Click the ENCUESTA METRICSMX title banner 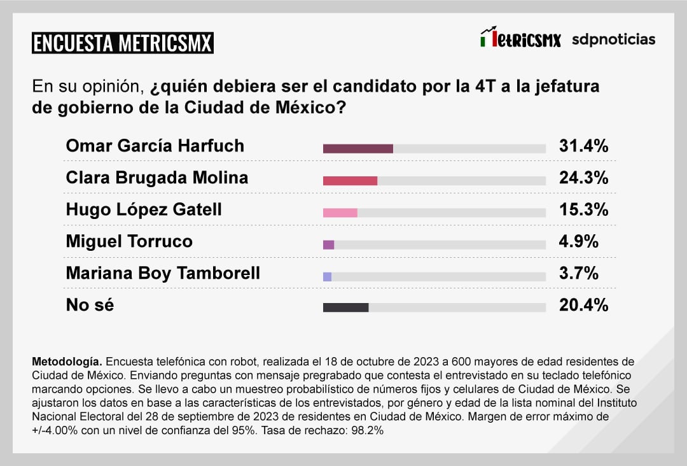(x=123, y=43)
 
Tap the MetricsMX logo (x=520, y=39)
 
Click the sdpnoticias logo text (x=613, y=39)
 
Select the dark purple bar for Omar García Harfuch (x=357, y=149)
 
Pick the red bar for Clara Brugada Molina (x=350, y=181)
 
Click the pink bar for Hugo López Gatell (x=340, y=213)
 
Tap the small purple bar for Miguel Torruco (x=328, y=244)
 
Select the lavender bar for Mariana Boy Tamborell (x=327, y=276)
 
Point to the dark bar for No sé (x=345, y=307)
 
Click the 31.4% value (x=583, y=146)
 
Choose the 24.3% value (x=583, y=178)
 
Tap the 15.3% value (x=583, y=209)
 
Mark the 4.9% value (x=578, y=241)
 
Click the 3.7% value (x=578, y=274)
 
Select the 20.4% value (x=583, y=305)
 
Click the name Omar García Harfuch (x=155, y=146)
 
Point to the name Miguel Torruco (x=129, y=241)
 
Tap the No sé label (x=90, y=305)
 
